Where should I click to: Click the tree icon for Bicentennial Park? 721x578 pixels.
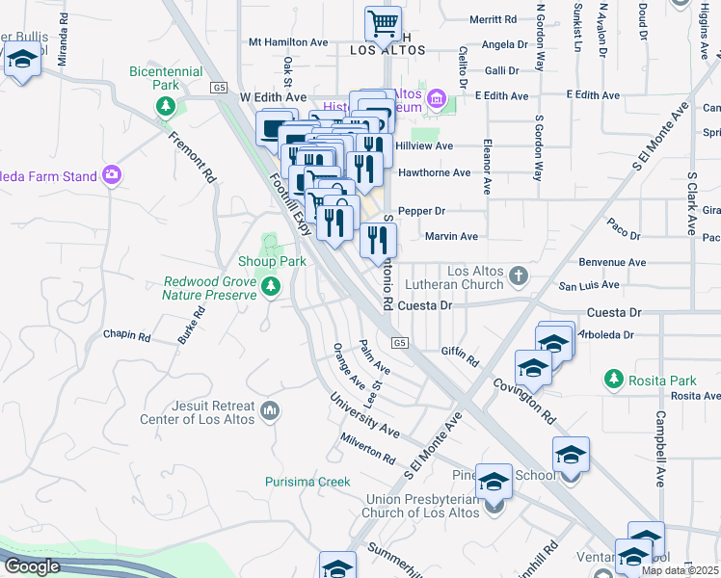(x=167, y=104)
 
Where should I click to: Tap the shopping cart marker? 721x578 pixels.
(x=384, y=22)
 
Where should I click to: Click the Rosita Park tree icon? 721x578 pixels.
(x=612, y=380)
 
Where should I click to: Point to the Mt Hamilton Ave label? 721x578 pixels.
(x=288, y=42)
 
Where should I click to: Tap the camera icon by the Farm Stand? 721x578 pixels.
(x=113, y=175)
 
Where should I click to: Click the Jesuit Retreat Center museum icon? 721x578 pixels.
(x=271, y=411)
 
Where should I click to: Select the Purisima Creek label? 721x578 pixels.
(x=308, y=482)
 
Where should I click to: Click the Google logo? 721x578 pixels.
(x=32, y=566)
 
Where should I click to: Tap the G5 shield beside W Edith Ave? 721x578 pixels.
(x=221, y=88)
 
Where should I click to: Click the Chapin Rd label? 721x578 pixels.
(x=127, y=336)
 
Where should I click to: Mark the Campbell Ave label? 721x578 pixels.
(x=661, y=449)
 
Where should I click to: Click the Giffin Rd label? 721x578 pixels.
(x=460, y=355)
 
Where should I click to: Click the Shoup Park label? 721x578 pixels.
(x=272, y=261)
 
